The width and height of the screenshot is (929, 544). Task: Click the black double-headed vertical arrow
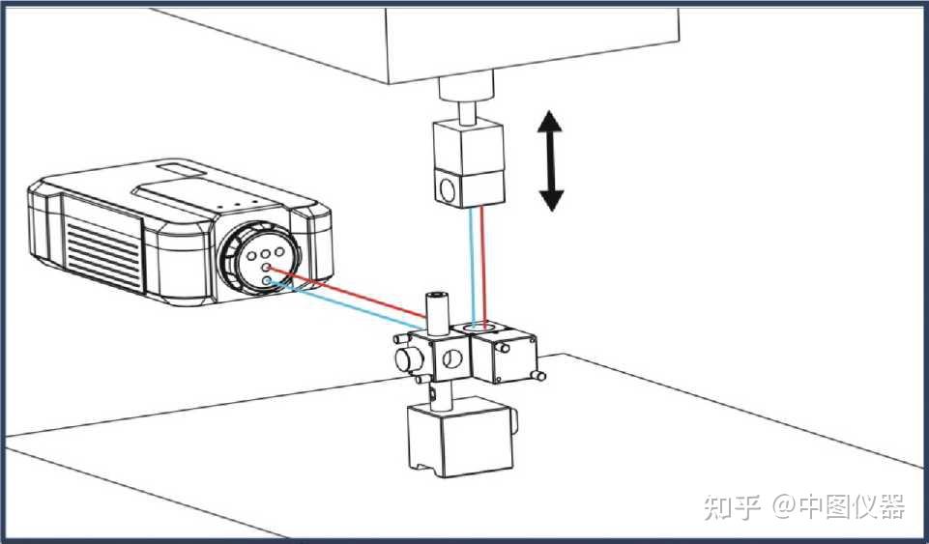[x=551, y=160]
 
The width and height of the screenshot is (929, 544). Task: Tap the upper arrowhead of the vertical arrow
[x=551, y=123]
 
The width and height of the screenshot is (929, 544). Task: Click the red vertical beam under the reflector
[x=482, y=266]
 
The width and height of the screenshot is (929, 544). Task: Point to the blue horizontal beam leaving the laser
[x=348, y=304]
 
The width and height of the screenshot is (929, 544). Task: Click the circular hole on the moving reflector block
[x=447, y=187]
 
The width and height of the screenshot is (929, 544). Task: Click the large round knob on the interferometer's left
[x=407, y=362]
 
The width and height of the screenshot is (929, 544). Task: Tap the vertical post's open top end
[x=438, y=291]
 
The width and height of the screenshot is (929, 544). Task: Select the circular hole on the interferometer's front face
[x=450, y=362]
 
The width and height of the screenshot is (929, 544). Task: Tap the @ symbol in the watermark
[x=780, y=505]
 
